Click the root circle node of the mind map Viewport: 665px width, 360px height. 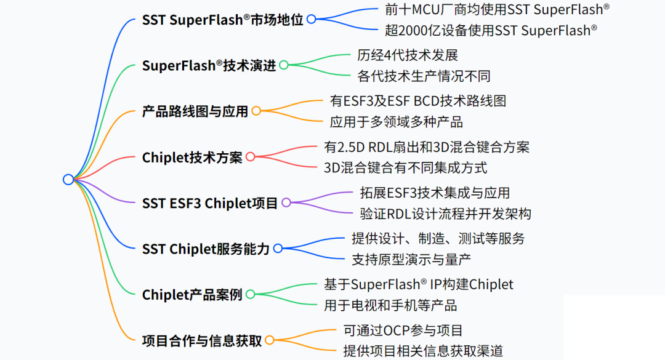pyautogui.click(x=68, y=179)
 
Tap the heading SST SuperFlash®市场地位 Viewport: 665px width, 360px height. pyautogui.click(x=222, y=19)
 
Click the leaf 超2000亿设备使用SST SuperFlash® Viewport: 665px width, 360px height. pyautogui.click(x=490, y=30)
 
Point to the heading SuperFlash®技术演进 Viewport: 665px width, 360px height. pyautogui.click(x=209, y=65)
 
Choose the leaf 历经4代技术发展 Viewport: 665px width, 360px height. pyautogui.click(x=408, y=55)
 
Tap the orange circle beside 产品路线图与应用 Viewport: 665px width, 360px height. pyautogui.click(x=256, y=111)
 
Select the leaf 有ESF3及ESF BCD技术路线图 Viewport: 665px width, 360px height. pyautogui.click(x=418, y=100)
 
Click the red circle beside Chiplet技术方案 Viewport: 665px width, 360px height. pyautogui.click(x=251, y=157)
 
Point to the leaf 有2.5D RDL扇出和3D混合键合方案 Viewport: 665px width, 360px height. pyautogui.click(x=427, y=146)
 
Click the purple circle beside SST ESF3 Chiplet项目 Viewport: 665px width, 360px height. pyautogui.click(x=286, y=202)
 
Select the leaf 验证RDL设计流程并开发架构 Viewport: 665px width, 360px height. pyautogui.click(x=446, y=214)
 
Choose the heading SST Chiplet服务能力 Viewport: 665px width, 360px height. pyautogui.click(x=206, y=249)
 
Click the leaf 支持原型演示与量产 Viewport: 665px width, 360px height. pyautogui.click(x=411, y=259)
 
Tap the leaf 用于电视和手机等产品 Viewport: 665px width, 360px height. pyautogui.click(x=390, y=305)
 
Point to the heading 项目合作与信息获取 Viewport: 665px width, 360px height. pyautogui.click(x=202, y=340)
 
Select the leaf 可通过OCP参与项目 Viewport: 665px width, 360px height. pyautogui.click(x=403, y=330)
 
